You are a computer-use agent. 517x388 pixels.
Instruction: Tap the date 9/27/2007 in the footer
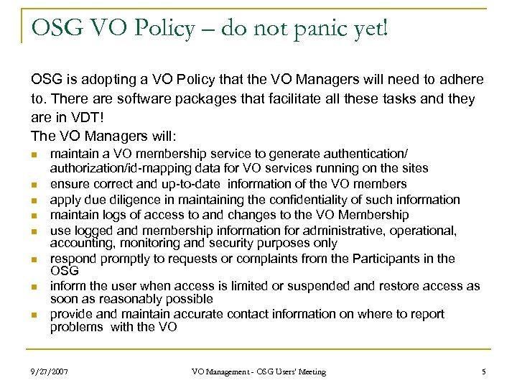click(x=51, y=371)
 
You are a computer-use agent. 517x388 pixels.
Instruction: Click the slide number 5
click(x=484, y=371)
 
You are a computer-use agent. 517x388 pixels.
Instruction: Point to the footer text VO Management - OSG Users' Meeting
click(x=258, y=371)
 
